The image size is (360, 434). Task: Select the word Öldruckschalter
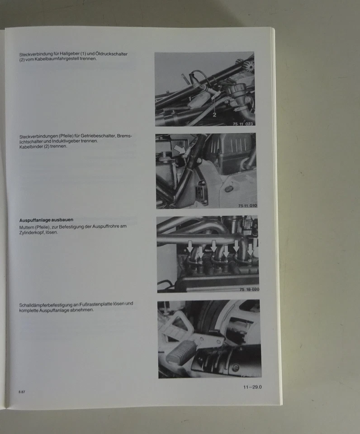point(112,54)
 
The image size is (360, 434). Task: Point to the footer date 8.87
point(21,392)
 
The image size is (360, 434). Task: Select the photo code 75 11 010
point(247,206)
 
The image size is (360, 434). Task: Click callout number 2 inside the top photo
point(214,114)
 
